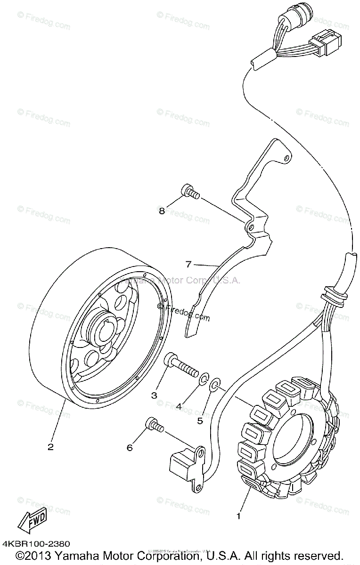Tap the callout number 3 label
coord(154,395)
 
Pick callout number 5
coord(200,420)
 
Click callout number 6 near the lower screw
coord(130,448)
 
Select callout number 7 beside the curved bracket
coord(188,265)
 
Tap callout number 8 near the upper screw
coord(162,211)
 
